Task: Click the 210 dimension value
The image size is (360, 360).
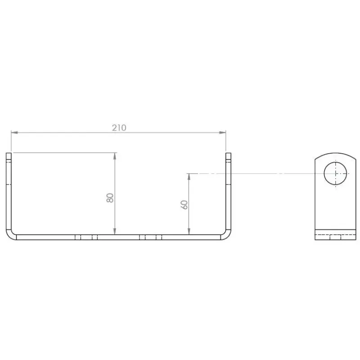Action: (x=119, y=128)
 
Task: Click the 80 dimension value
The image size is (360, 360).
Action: (x=110, y=198)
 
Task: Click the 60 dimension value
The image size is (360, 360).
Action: (x=184, y=205)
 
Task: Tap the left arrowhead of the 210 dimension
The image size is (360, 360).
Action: (x=14, y=132)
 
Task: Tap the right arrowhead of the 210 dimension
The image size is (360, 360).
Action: (x=222, y=132)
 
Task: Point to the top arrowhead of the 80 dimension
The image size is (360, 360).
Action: (x=115, y=156)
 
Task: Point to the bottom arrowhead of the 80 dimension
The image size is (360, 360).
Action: (x=115, y=231)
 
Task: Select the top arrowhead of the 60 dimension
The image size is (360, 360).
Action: (x=189, y=177)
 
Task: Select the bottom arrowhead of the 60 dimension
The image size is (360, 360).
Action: (x=189, y=231)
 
